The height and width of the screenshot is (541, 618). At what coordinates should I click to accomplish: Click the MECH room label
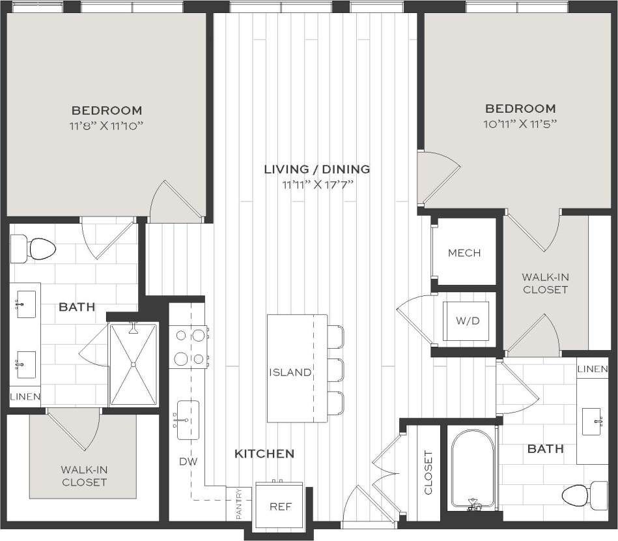tap(464, 253)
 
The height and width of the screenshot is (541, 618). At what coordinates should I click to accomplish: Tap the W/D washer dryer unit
tap(466, 321)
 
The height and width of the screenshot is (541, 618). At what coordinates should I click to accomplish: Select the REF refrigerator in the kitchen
tap(279, 505)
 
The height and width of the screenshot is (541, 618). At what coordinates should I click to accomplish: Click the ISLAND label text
tap(290, 373)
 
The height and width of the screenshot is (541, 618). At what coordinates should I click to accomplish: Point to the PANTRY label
tap(239, 503)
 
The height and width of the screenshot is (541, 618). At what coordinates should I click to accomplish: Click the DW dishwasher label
tap(188, 461)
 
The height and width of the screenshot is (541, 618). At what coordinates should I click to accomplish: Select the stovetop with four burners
tap(188, 347)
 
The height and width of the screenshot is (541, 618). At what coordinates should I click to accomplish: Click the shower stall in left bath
tap(133, 365)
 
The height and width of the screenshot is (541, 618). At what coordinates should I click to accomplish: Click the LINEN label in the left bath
tap(25, 396)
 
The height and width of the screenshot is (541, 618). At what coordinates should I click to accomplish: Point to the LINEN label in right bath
tap(593, 370)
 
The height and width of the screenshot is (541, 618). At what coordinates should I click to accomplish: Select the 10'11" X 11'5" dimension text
tap(520, 123)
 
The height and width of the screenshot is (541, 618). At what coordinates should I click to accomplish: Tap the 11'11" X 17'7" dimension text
tap(317, 184)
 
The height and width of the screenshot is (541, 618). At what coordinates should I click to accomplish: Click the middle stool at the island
tap(335, 370)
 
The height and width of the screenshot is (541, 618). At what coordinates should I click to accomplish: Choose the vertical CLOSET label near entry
tap(428, 473)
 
